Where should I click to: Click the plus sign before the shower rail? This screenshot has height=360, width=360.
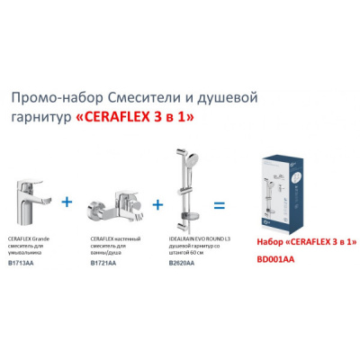(157, 204)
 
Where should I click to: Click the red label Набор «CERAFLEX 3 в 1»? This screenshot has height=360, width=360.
(306, 244)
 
